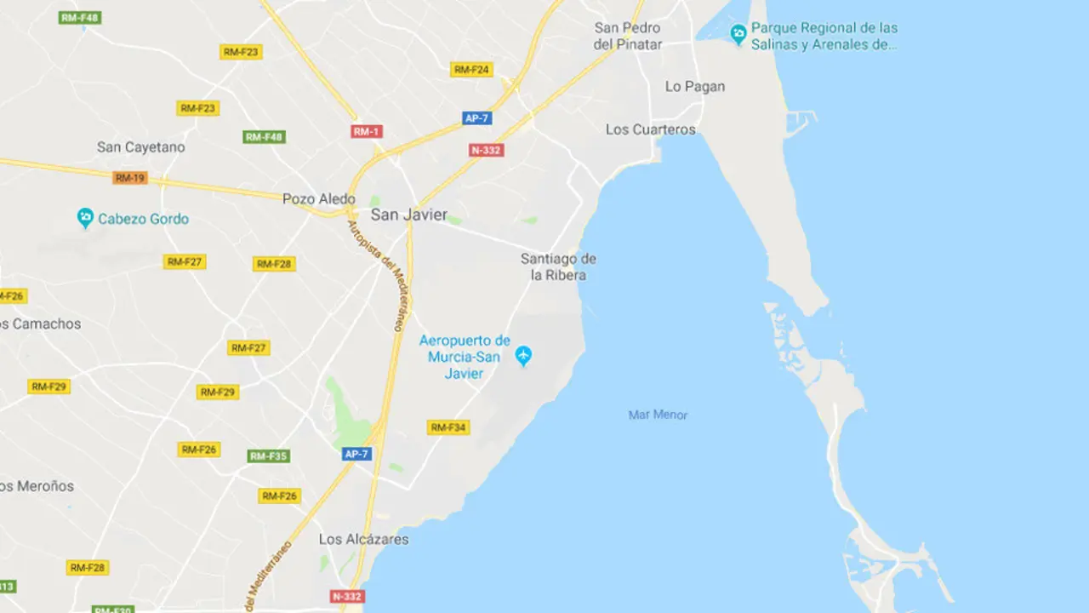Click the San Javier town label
tap(408, 215)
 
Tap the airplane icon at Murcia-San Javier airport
tap(523, 356)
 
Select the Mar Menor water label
tap(658, 415)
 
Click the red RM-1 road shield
tap(367, 131)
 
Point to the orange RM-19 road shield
tap(130, 178)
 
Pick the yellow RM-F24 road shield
tap(471, 70)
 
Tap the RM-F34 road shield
tap(448, 427)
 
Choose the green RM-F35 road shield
tap(269, 456)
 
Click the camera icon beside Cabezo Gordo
tap(85, 218)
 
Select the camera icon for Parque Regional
tap(738, 34)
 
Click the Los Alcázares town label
tap(363, 539)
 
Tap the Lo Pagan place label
tap(695, 86)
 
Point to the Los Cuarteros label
tap(651, 129)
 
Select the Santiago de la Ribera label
tap(558, 266)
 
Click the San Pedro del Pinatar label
tap(628, 36)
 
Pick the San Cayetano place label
tap(140, 147)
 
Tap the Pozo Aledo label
tap(319, 199)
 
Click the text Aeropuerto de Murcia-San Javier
tap(465, 357)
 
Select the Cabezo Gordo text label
tap(143, 219)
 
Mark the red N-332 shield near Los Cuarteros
tap(487, 150)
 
